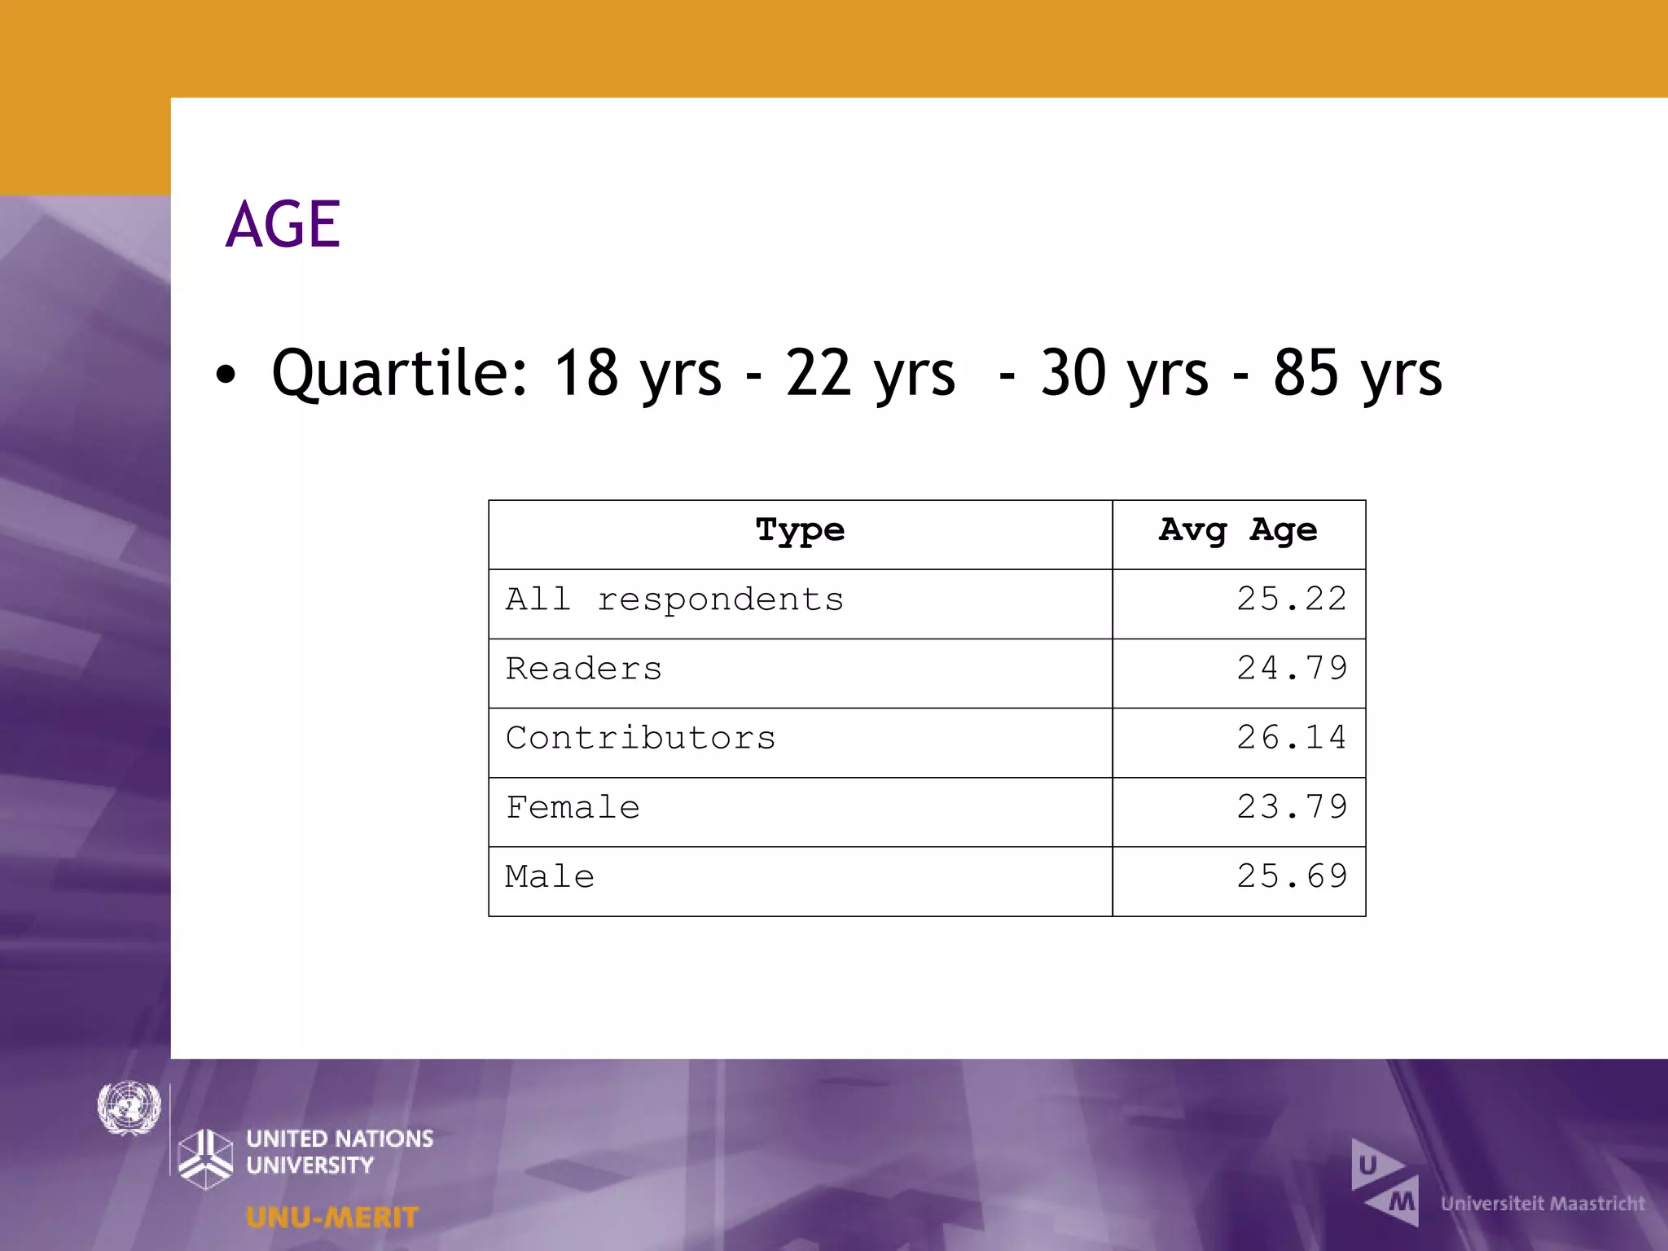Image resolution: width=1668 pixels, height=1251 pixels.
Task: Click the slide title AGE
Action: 283,224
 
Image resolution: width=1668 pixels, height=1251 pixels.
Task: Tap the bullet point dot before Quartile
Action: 226,375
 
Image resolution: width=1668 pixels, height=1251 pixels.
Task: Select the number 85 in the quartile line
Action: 1306,373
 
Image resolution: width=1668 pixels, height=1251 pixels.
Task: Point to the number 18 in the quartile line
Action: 586,373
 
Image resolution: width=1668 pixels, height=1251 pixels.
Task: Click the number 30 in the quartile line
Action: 1073,373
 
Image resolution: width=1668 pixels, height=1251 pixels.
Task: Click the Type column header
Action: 800,531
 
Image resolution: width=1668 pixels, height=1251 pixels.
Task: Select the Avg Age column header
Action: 1238,531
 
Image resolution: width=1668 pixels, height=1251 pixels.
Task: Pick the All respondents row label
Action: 674,600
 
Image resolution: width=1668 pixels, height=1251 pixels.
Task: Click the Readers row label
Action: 584,669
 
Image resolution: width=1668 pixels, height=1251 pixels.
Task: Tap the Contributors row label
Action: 640,739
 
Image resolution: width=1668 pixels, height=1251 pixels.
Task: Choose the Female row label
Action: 573,808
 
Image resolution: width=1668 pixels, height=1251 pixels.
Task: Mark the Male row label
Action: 550,877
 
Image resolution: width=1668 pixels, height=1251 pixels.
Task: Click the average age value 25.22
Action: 1292,599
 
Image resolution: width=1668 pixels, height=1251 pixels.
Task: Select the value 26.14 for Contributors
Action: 1292,738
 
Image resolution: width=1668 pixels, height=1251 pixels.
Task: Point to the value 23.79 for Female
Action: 1292,807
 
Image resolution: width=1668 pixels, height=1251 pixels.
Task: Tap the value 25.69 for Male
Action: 1292,877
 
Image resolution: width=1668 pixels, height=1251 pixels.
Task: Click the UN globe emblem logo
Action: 129,1108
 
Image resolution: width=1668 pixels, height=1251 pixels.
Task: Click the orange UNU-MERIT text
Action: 332,1218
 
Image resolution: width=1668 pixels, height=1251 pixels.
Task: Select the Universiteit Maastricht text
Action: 1543,1204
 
